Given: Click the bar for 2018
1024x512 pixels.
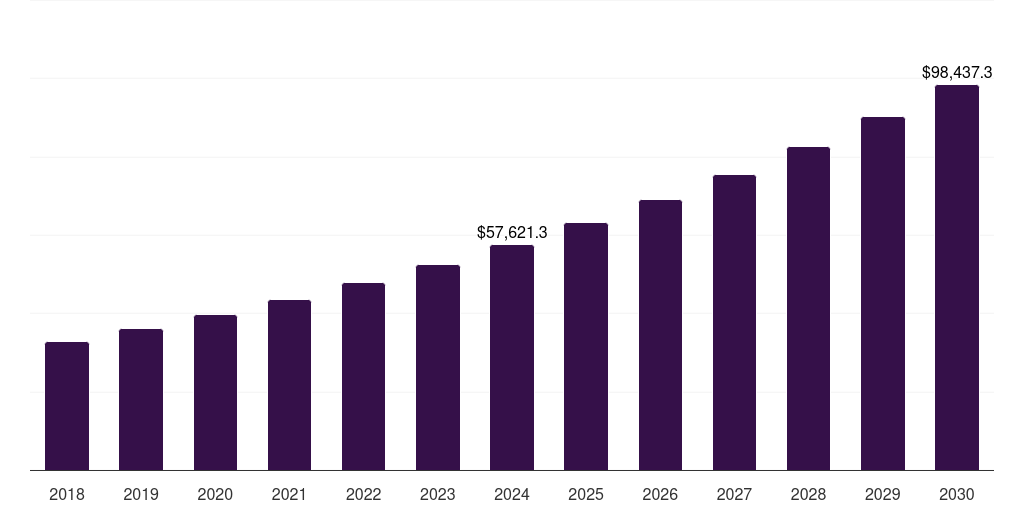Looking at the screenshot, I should click(67, 406).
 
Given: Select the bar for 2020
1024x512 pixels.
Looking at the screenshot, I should click(215, 392).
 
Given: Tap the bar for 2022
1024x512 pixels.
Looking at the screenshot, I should click(363, 376).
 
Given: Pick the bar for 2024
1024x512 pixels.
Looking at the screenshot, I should click(512, 357).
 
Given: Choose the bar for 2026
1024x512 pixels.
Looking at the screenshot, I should click(660, 335).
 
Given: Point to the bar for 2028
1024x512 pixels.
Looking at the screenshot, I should click(808, 308).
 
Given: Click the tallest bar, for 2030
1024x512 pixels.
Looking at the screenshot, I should click(957, 277).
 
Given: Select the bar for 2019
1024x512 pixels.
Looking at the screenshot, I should click(141, 399).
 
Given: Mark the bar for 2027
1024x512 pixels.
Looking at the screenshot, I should click(734, 322).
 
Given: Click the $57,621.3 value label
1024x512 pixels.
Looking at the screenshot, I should click(512, 232).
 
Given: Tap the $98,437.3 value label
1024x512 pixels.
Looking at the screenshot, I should click(957, 72).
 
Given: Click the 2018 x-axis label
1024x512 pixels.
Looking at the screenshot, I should click(67, 494).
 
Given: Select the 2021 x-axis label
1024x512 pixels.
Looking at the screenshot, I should click(289, 494).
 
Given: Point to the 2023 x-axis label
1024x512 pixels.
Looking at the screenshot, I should click(438, 494).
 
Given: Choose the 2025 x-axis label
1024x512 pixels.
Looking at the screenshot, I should click(586, 494).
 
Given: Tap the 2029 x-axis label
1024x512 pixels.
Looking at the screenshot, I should click(883, 494).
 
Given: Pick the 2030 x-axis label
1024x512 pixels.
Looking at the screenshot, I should click(957, 494).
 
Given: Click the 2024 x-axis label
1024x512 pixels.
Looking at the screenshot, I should click(512, 494).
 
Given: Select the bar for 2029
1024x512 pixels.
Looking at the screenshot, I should click(883, 293).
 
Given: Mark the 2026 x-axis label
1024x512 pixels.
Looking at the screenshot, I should click(660, 494).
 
